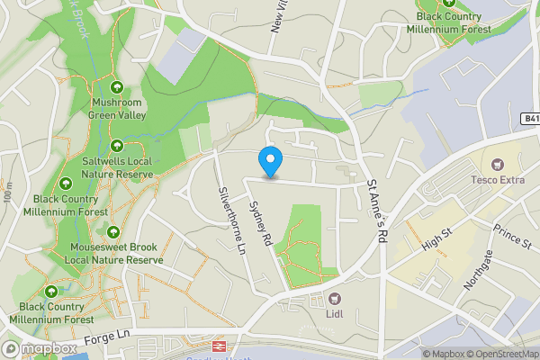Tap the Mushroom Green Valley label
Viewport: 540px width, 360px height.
point(116,109)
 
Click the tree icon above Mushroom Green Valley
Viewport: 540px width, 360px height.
point(116,87)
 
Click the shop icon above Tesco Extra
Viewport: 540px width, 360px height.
point(497,166)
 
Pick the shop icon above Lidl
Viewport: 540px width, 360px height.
point(334,298)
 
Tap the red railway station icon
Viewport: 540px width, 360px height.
point(218,346)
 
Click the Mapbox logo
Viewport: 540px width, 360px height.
point(38,348)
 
